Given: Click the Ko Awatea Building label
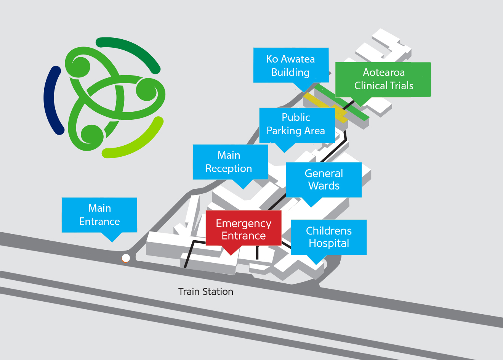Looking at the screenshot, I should click(x=291, y=65).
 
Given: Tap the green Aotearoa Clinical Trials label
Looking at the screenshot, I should click(x=383, y=79).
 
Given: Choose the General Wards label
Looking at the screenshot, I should click(x=324, y=180).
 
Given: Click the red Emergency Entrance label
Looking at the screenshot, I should click(x=243, y=229).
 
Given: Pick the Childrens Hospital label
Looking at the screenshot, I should click(x=328, y=237).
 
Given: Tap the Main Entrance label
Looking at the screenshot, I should click(x=99, y=215).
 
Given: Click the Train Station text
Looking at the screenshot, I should click(x=206, y=292).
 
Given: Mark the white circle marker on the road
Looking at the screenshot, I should click(x=126, y=258).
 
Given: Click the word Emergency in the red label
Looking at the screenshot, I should click(x=243, y=223).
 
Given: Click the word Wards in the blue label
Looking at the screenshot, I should click(x=324, y=186).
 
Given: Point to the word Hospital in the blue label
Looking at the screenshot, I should click(x=329, y=243).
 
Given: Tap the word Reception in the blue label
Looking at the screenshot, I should click(x=229, y=169).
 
